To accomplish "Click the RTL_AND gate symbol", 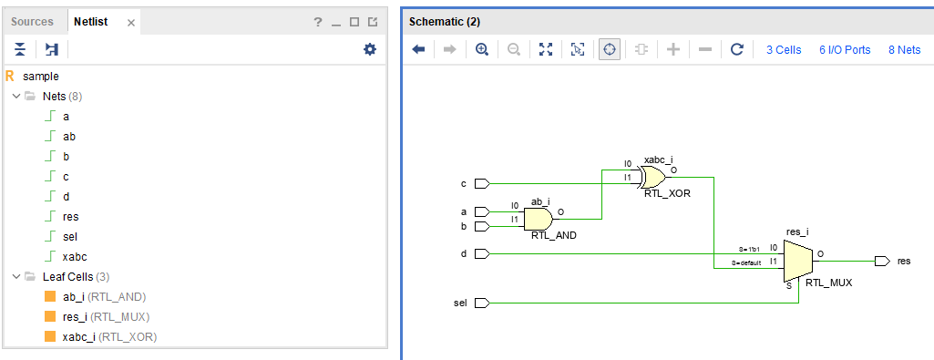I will pos(539,219).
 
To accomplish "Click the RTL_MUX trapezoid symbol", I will pos(798,262).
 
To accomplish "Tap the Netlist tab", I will pos(90,22).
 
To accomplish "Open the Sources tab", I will pos(32,22).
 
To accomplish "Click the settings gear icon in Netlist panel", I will pos(369,49).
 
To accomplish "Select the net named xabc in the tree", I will pos(75,256).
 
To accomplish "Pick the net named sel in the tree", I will pos(71,236).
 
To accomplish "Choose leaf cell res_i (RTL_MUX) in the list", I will pos(105,316).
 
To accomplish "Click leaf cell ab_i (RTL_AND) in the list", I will pos(104,296).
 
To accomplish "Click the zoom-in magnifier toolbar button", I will pos(482,49).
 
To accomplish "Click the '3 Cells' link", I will pos(784,50).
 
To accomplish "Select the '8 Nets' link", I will pos(904,50).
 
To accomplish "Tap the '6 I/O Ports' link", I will pos(845,50).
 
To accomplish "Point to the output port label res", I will pos(903,262).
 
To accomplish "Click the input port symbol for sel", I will pos(483,302).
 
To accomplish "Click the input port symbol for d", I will pos(483,253).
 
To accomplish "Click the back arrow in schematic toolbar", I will pos(419,49).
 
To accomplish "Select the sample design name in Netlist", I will pos(41,76).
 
